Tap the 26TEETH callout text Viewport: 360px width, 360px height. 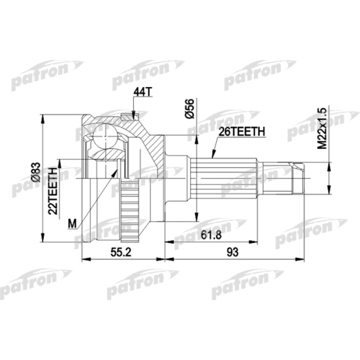point(242,132)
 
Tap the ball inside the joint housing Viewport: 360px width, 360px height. point(106,136)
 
